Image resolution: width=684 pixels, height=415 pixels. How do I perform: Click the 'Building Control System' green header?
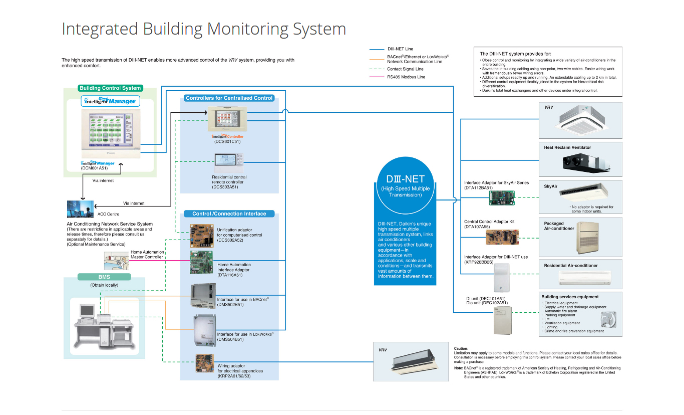110,88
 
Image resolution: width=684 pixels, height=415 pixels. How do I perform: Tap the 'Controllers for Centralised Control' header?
229,98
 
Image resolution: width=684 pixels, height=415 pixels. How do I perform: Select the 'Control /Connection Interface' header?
229,214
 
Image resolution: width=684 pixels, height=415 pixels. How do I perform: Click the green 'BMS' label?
104,277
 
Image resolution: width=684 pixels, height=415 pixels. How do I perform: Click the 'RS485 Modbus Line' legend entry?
406,77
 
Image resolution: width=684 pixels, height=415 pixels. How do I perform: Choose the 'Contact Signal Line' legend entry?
405,69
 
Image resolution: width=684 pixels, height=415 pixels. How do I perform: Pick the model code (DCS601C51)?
227,142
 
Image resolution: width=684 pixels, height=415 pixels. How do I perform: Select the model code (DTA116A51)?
230,275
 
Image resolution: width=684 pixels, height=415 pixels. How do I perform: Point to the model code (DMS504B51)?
230,339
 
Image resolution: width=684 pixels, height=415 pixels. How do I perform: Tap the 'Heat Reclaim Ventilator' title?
567,147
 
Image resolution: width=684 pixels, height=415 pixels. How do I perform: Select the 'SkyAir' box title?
551,186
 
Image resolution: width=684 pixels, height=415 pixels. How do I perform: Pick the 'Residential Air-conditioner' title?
571,266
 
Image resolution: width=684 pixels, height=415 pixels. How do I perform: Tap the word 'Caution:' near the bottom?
461,348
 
